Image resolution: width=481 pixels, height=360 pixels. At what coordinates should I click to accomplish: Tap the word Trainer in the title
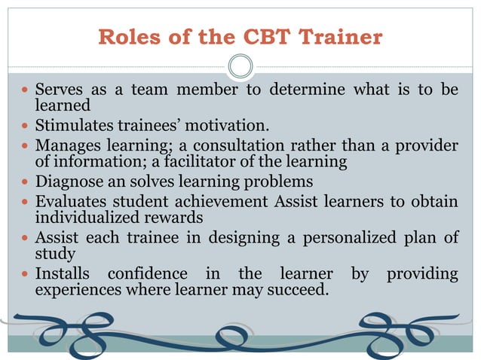pyautogui.click(x=342, y=37)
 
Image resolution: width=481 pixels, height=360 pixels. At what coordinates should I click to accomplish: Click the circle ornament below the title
pyautogui.click(x=240, y=66)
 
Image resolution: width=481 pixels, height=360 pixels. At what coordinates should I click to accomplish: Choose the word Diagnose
pyautogui.click(x=69, y=182)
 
